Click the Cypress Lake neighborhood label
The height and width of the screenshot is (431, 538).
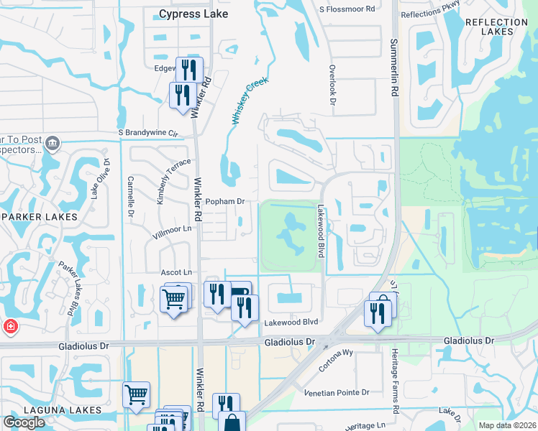[x=193, y=14]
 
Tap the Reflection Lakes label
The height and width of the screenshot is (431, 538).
[x=496, y=27]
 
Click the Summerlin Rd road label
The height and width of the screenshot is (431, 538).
[x=394, y=68]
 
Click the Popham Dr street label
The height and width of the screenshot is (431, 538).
[x=226, y=202]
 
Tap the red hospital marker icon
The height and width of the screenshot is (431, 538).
[x=10, y=327]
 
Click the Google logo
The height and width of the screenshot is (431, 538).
[x=24, y=422]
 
